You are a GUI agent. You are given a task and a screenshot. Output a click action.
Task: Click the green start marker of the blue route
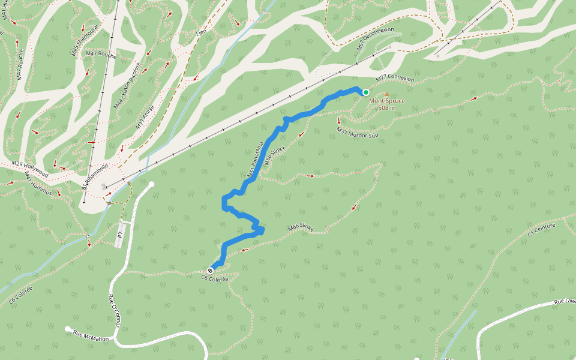[365, 92]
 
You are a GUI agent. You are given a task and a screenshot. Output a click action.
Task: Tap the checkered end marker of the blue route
[210, 270]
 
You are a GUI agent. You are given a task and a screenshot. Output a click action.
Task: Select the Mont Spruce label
[386, 101]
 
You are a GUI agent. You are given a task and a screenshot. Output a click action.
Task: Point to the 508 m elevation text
[386, 108]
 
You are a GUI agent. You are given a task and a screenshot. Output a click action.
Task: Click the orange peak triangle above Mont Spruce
[386, 94]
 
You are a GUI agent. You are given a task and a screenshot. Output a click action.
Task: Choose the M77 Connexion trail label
[395, 79]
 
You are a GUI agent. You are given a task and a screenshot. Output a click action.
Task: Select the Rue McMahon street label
[91, 335]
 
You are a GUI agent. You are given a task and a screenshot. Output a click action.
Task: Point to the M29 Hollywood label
[29, 167]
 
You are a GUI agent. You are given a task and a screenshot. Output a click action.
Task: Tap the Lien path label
[201, 31]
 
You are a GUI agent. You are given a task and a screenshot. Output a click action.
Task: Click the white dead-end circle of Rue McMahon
[68, 329]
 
